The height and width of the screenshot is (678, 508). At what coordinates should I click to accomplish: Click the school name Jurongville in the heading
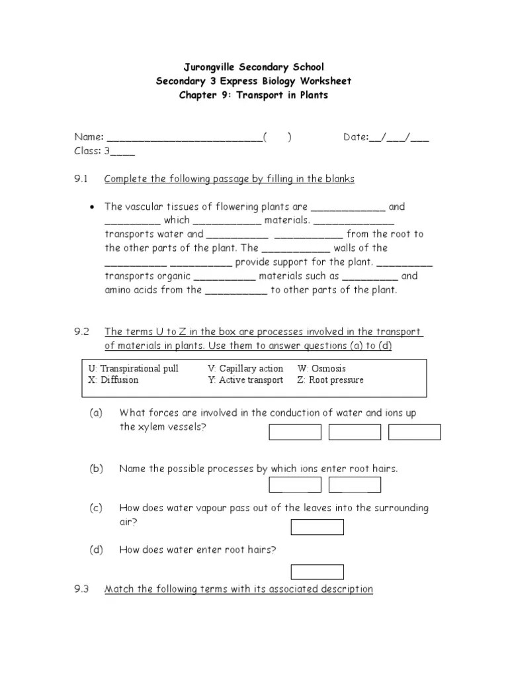pos(210,67)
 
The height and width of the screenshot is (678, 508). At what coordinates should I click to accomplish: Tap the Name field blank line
pos(184,138)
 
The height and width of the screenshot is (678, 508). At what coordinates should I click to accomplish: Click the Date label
pos(355,137)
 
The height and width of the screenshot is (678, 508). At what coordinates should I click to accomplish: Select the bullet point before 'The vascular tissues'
pos(92,207)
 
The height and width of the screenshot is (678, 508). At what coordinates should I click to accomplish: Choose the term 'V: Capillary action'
pos(245,369)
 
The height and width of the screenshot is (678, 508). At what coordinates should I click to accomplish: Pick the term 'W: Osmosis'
pos(321,369)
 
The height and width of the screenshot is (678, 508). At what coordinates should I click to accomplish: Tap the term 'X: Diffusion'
pos(114,381)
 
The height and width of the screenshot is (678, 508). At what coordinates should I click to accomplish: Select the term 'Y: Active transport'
pos(245,381)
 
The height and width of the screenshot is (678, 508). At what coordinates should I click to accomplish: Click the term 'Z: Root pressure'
pos(330,381)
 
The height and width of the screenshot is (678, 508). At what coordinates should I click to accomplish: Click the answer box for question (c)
pos(317,527)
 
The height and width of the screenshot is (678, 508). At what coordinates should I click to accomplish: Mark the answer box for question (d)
pos(317,572)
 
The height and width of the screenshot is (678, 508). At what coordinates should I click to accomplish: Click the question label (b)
pos(97,469)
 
